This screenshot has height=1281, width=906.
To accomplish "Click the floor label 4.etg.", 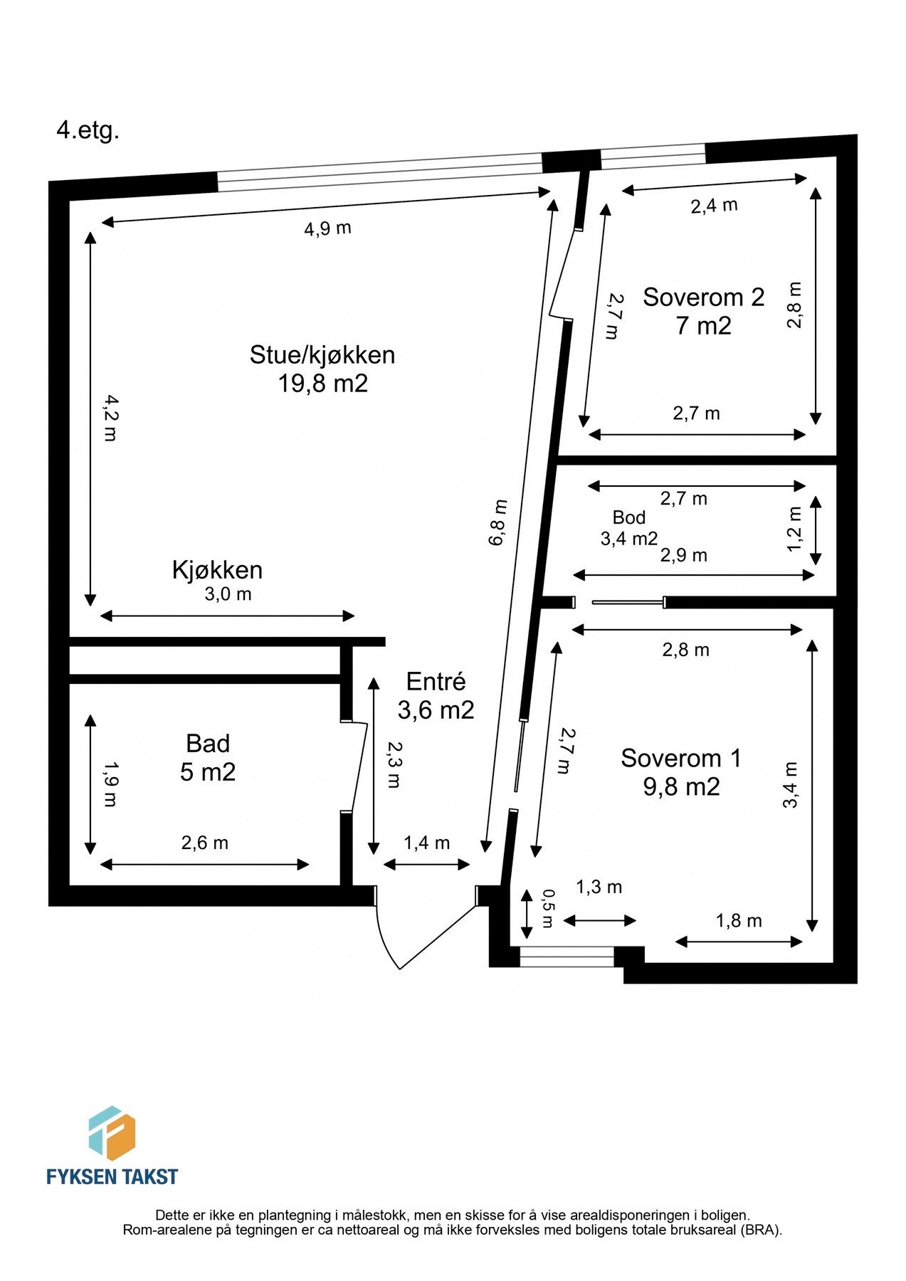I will coord(88,131).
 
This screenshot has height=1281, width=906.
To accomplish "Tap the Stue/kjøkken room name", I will coord(322,354).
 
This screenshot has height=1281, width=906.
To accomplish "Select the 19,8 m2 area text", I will coord(322,384).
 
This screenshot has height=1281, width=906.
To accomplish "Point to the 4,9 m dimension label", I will coord(327,228).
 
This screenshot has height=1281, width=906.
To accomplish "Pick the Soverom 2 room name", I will coord(703,297).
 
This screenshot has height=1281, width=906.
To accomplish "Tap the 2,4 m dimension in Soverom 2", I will coord(714,206).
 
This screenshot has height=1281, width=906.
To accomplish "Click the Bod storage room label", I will coord(629,517).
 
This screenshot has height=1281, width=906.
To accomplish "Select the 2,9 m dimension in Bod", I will coord(683,555).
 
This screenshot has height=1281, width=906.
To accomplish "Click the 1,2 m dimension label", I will coord(794,528).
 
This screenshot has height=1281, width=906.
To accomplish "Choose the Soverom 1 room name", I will coord(681,758).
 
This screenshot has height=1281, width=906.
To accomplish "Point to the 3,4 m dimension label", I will coord(791,785).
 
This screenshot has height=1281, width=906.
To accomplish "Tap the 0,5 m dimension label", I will coord(547,909).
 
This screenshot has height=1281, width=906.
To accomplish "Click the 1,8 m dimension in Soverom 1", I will coord(739,921).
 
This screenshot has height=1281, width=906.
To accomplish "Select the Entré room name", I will coord(436,682).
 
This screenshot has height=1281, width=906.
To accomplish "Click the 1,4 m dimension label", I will coord(427,843).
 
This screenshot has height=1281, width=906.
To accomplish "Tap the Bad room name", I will coord(208,744).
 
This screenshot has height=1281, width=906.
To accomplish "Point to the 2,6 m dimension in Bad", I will coord(204,843).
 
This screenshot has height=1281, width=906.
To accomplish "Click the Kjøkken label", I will coord(217,570).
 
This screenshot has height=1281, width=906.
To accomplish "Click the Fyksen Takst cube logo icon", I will coord(112,1132).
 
